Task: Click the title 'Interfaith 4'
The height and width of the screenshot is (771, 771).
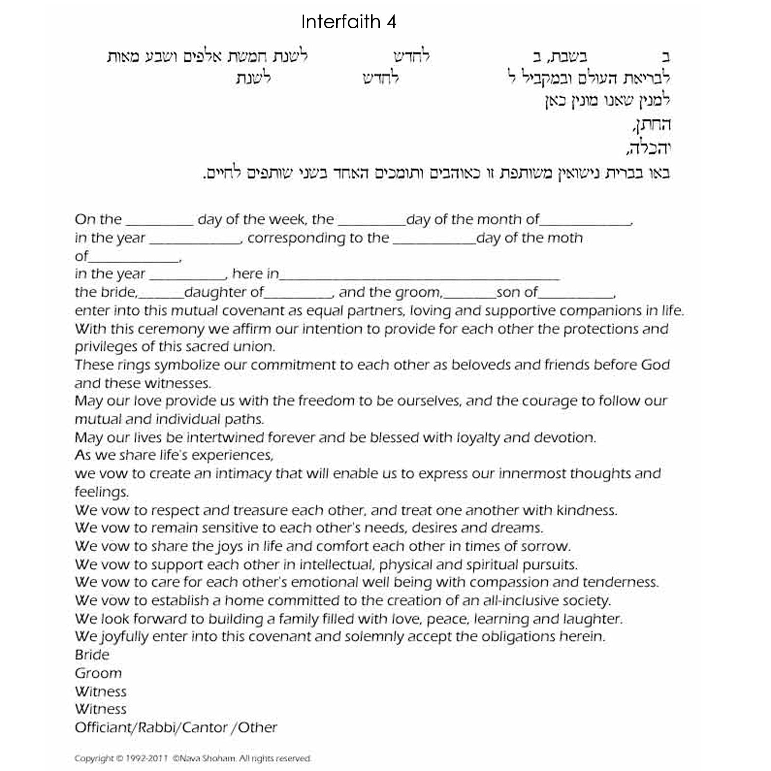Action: pos(348,22)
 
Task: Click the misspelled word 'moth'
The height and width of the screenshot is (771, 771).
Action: pos(565,238)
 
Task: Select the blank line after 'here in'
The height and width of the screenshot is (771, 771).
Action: pos(419,275)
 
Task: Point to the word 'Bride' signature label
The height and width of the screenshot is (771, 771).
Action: pos(92,655)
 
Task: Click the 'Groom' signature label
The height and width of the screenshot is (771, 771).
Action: pos(98,673)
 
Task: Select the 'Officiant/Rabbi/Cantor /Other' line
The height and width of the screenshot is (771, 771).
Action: pos(176,727)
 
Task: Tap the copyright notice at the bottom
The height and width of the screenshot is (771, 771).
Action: pos(193,758)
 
